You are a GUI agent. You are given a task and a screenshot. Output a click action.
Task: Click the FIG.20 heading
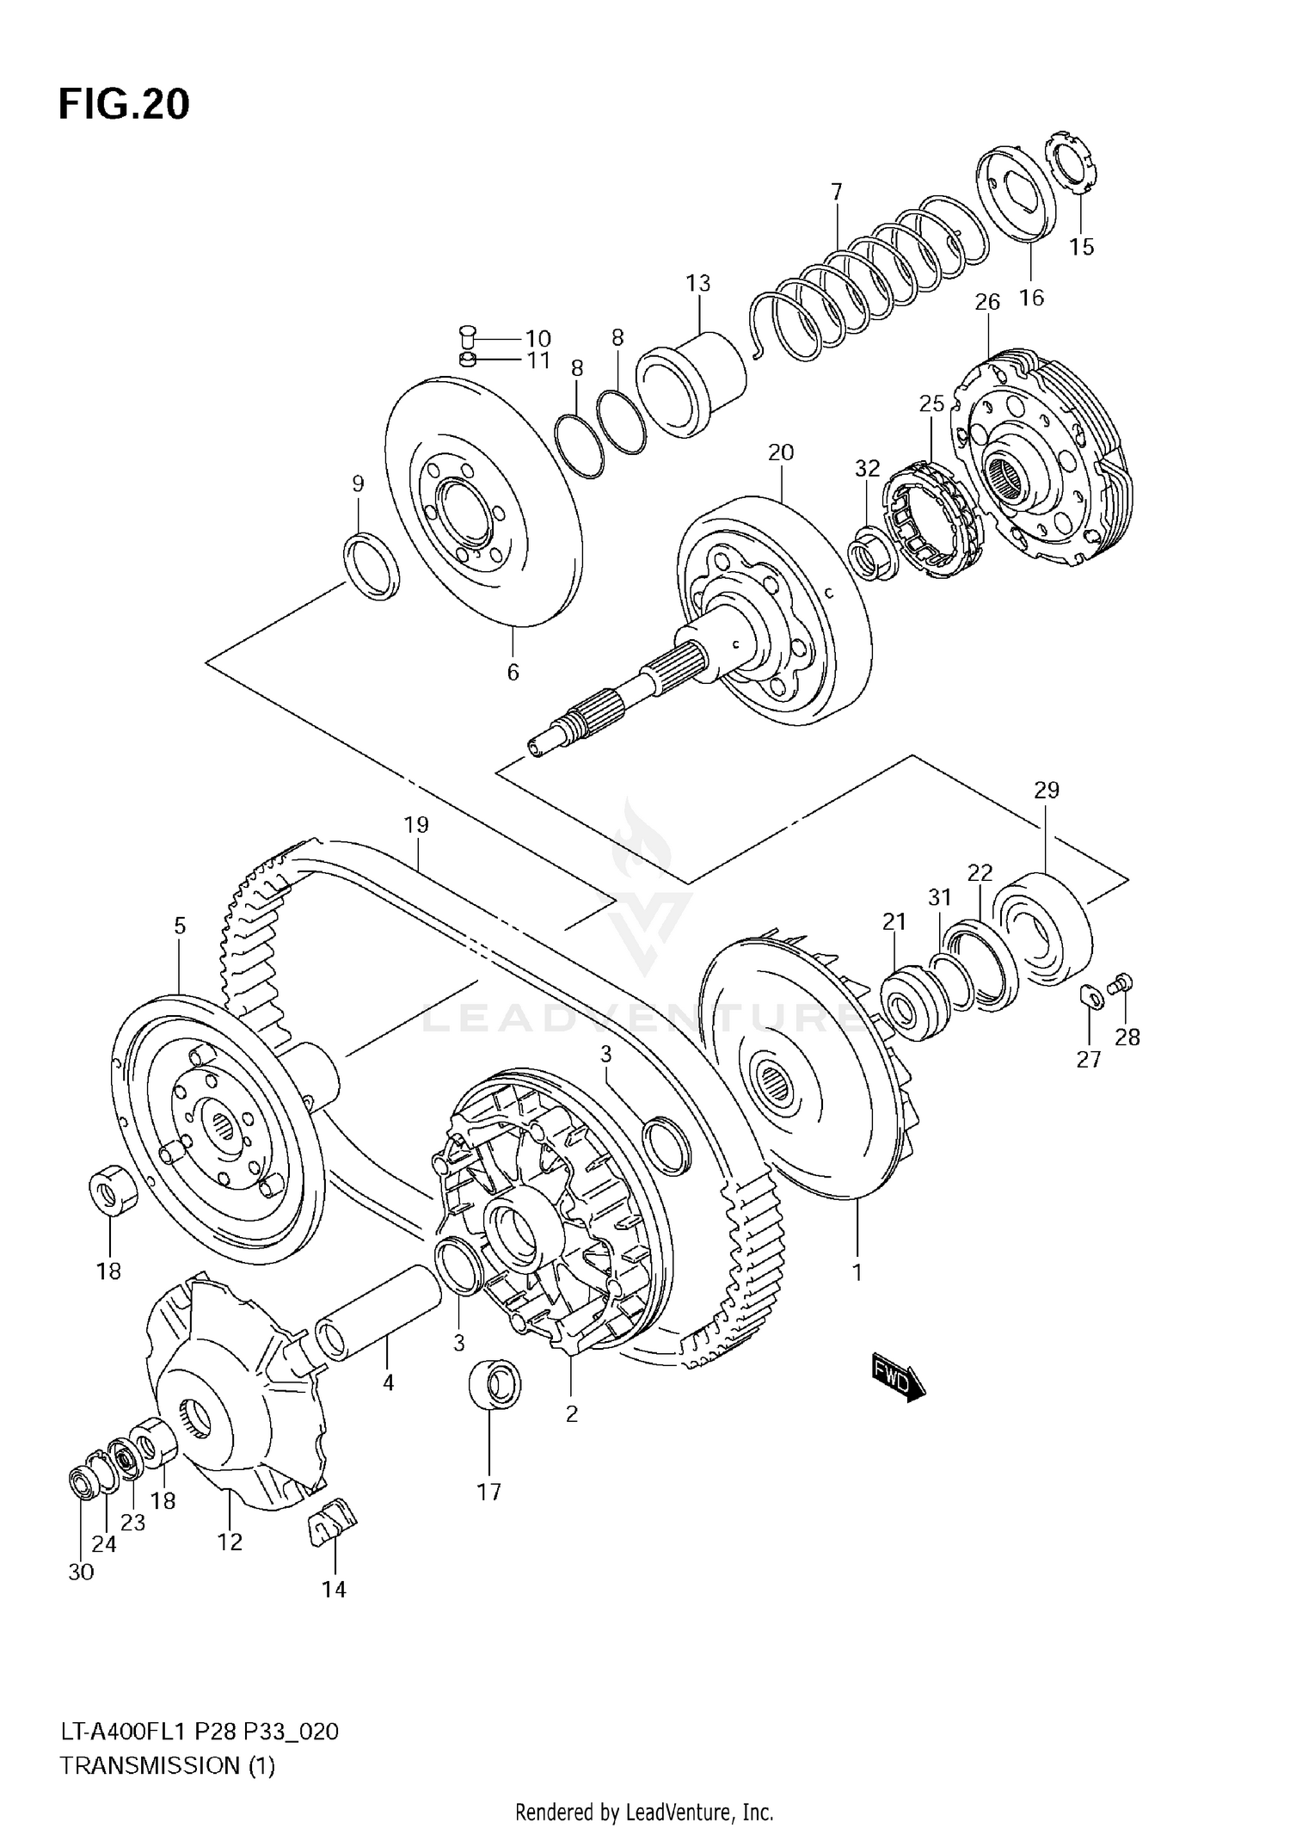click(124, 105)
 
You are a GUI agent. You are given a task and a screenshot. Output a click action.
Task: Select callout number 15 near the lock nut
click(1081, 247)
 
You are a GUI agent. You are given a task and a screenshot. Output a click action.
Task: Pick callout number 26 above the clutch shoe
click(987, 302)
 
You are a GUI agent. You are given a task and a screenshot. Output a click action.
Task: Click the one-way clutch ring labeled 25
click(935, 516)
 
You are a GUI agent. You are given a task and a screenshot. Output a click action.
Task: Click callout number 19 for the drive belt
click(416, 825)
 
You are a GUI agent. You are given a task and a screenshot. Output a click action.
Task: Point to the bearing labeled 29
click(1041, 929)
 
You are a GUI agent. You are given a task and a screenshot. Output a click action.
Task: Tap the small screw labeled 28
click(1122, 984)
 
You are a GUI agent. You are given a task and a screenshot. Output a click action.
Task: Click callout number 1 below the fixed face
click(857, 1271)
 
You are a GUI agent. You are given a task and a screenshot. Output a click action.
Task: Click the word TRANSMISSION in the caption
click(150, 1766)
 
